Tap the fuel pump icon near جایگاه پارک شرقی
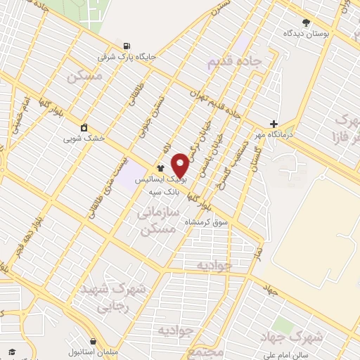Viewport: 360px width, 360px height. (125, 45)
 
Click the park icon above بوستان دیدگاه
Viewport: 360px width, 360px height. (305, 22)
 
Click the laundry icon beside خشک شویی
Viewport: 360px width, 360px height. (84, 127)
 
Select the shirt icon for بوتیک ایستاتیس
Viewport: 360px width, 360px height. (160, 169)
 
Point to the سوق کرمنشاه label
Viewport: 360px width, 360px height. (206, 222)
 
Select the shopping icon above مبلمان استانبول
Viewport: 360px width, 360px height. (93, 341)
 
